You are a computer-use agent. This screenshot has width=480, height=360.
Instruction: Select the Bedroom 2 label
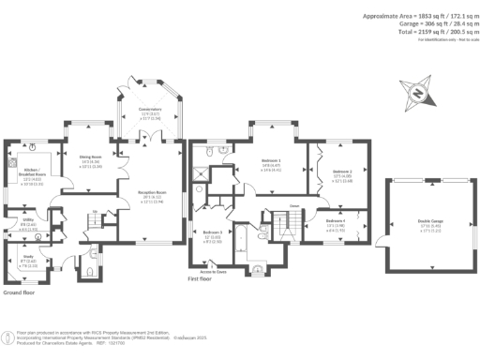pyautogui.click(x=342, y=172)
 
